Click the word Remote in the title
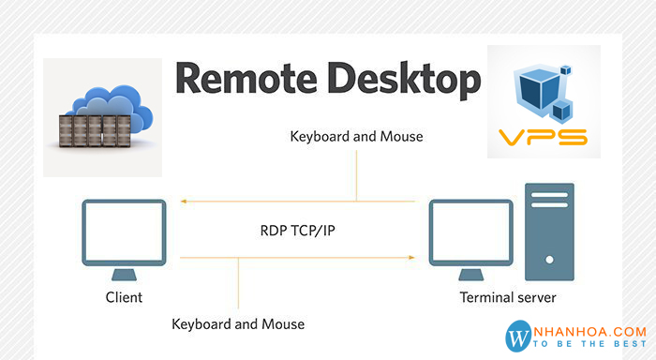coord(238,80)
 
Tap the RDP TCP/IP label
coord(298,229)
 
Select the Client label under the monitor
coord(125,297)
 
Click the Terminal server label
coord(507,297)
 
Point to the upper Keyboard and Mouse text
coord(356,136)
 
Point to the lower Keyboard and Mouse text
coord(238,323)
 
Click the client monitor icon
coord(125,232)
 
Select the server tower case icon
coord(548,231)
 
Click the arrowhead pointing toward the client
coord(184,201)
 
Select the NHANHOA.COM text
coord(591,331)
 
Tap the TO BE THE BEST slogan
coord(591,346)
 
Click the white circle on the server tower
coord(548,253)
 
